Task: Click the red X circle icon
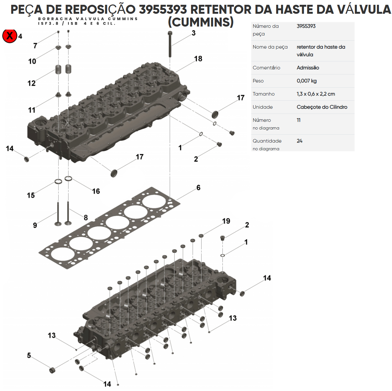tap(10, 35)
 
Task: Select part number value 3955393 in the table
tap(306, 26)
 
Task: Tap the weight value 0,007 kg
tap(307, 81)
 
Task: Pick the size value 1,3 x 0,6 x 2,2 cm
tap(316, 94)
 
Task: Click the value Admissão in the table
tap(308, 68)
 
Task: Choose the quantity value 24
tap(300, 141)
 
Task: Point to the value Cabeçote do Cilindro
tap(322, 107)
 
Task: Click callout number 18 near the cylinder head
tap(198, 59)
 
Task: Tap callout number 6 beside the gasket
tap(198, 188)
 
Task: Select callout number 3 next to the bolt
tap(194, 33)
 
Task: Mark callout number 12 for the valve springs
tap(31, 83)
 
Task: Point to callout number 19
tap(226, 221)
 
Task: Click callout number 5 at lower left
tap(29, 356)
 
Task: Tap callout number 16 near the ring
tap(96, 192)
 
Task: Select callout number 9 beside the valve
tap(35, 225)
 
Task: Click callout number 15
tap(31, 195)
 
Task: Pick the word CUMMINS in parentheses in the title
tap(201, 22)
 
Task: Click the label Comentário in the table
tap(266, 68)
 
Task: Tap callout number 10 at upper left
tap(32, 61)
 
